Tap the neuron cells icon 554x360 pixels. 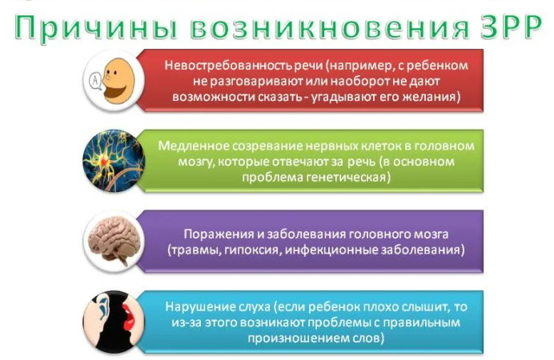(x=113, y=161)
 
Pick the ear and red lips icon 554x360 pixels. (x=113, y=321)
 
